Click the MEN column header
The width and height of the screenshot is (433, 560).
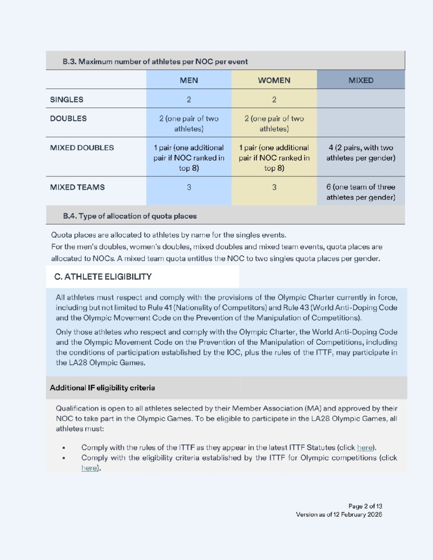pyautogui.click(x=189, y=80)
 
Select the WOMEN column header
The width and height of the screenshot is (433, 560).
pyautogui.click(x=274, y=80)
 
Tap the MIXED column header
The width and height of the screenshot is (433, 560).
pyautogui.click(x=361, y=80)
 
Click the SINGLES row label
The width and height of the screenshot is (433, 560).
pyautogui.click(x=67, y=100)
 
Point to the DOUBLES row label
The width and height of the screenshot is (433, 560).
pyautogui.click(x=68, y=118)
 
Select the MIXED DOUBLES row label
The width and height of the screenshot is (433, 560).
pyautogui.click(x=82, y=148)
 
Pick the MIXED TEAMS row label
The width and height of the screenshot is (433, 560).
pyautogui.click(x=77, y=187)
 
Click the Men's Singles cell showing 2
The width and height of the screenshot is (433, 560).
pyautogui.click(x=189, y=100)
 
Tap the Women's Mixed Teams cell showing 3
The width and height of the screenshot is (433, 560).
pyautogui.click(x=274, y=187)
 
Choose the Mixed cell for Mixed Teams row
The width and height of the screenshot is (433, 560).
pyautogui.click(x=361, y=192)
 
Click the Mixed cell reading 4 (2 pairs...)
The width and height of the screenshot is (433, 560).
pyautogui.click(x=361, y=153)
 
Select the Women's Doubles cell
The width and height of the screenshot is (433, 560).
pyautogui.click(x=274, y=123)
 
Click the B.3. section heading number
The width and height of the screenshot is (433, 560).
pyautogui.click(x=69, y=62)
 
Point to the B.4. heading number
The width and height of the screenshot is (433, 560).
pyautogui.click(x=70, y=216)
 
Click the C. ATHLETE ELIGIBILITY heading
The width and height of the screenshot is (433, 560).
pyautogui.click(x=103, y=277)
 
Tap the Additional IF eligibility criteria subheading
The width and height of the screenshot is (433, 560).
pyautogui.click(x=102, y=388)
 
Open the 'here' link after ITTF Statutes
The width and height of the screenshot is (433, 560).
pyautogui.click(x=365, y=448)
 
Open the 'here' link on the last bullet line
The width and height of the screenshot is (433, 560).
pyautogui.click(x=89, y=468)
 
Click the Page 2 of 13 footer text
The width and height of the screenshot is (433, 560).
pyautogui.click(x=365, y=506)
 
